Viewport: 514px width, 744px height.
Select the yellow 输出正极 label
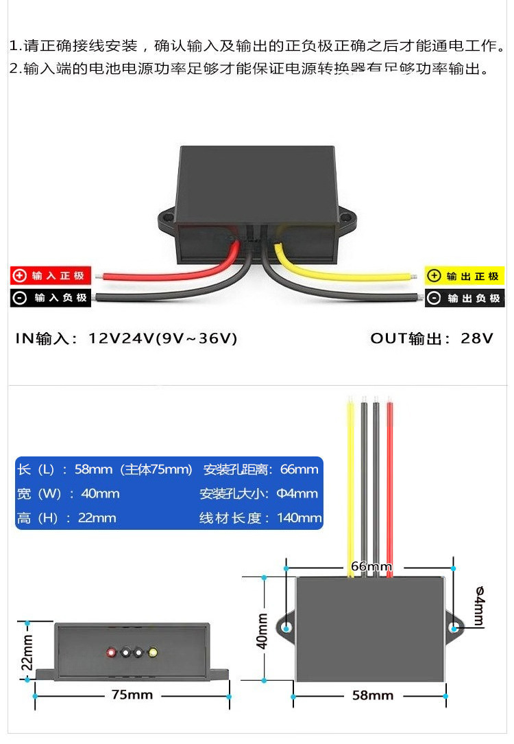(x=465, y=276)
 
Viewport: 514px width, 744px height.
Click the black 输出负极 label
(x=465, y=299)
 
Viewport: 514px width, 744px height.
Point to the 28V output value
(x=478, y=338)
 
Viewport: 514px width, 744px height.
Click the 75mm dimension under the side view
(x=132, y=695)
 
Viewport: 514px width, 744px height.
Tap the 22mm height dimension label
(x=26, y=651)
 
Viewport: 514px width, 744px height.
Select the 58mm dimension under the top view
(x=373, y=695)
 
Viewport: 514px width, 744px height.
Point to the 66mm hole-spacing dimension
(x=371, y=567)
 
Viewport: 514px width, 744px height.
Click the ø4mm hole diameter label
(x=478, y=606)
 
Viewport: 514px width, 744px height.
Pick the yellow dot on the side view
(x=152, y=652)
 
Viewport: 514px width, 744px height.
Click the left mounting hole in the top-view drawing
(x=286, y=627)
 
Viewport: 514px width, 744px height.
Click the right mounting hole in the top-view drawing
(x=454, y=627)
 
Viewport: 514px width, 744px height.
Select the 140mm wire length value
(x=299, y=518)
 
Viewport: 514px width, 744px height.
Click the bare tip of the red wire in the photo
(x=101, y=277)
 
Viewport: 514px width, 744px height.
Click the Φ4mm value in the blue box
(x=297, y=493)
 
